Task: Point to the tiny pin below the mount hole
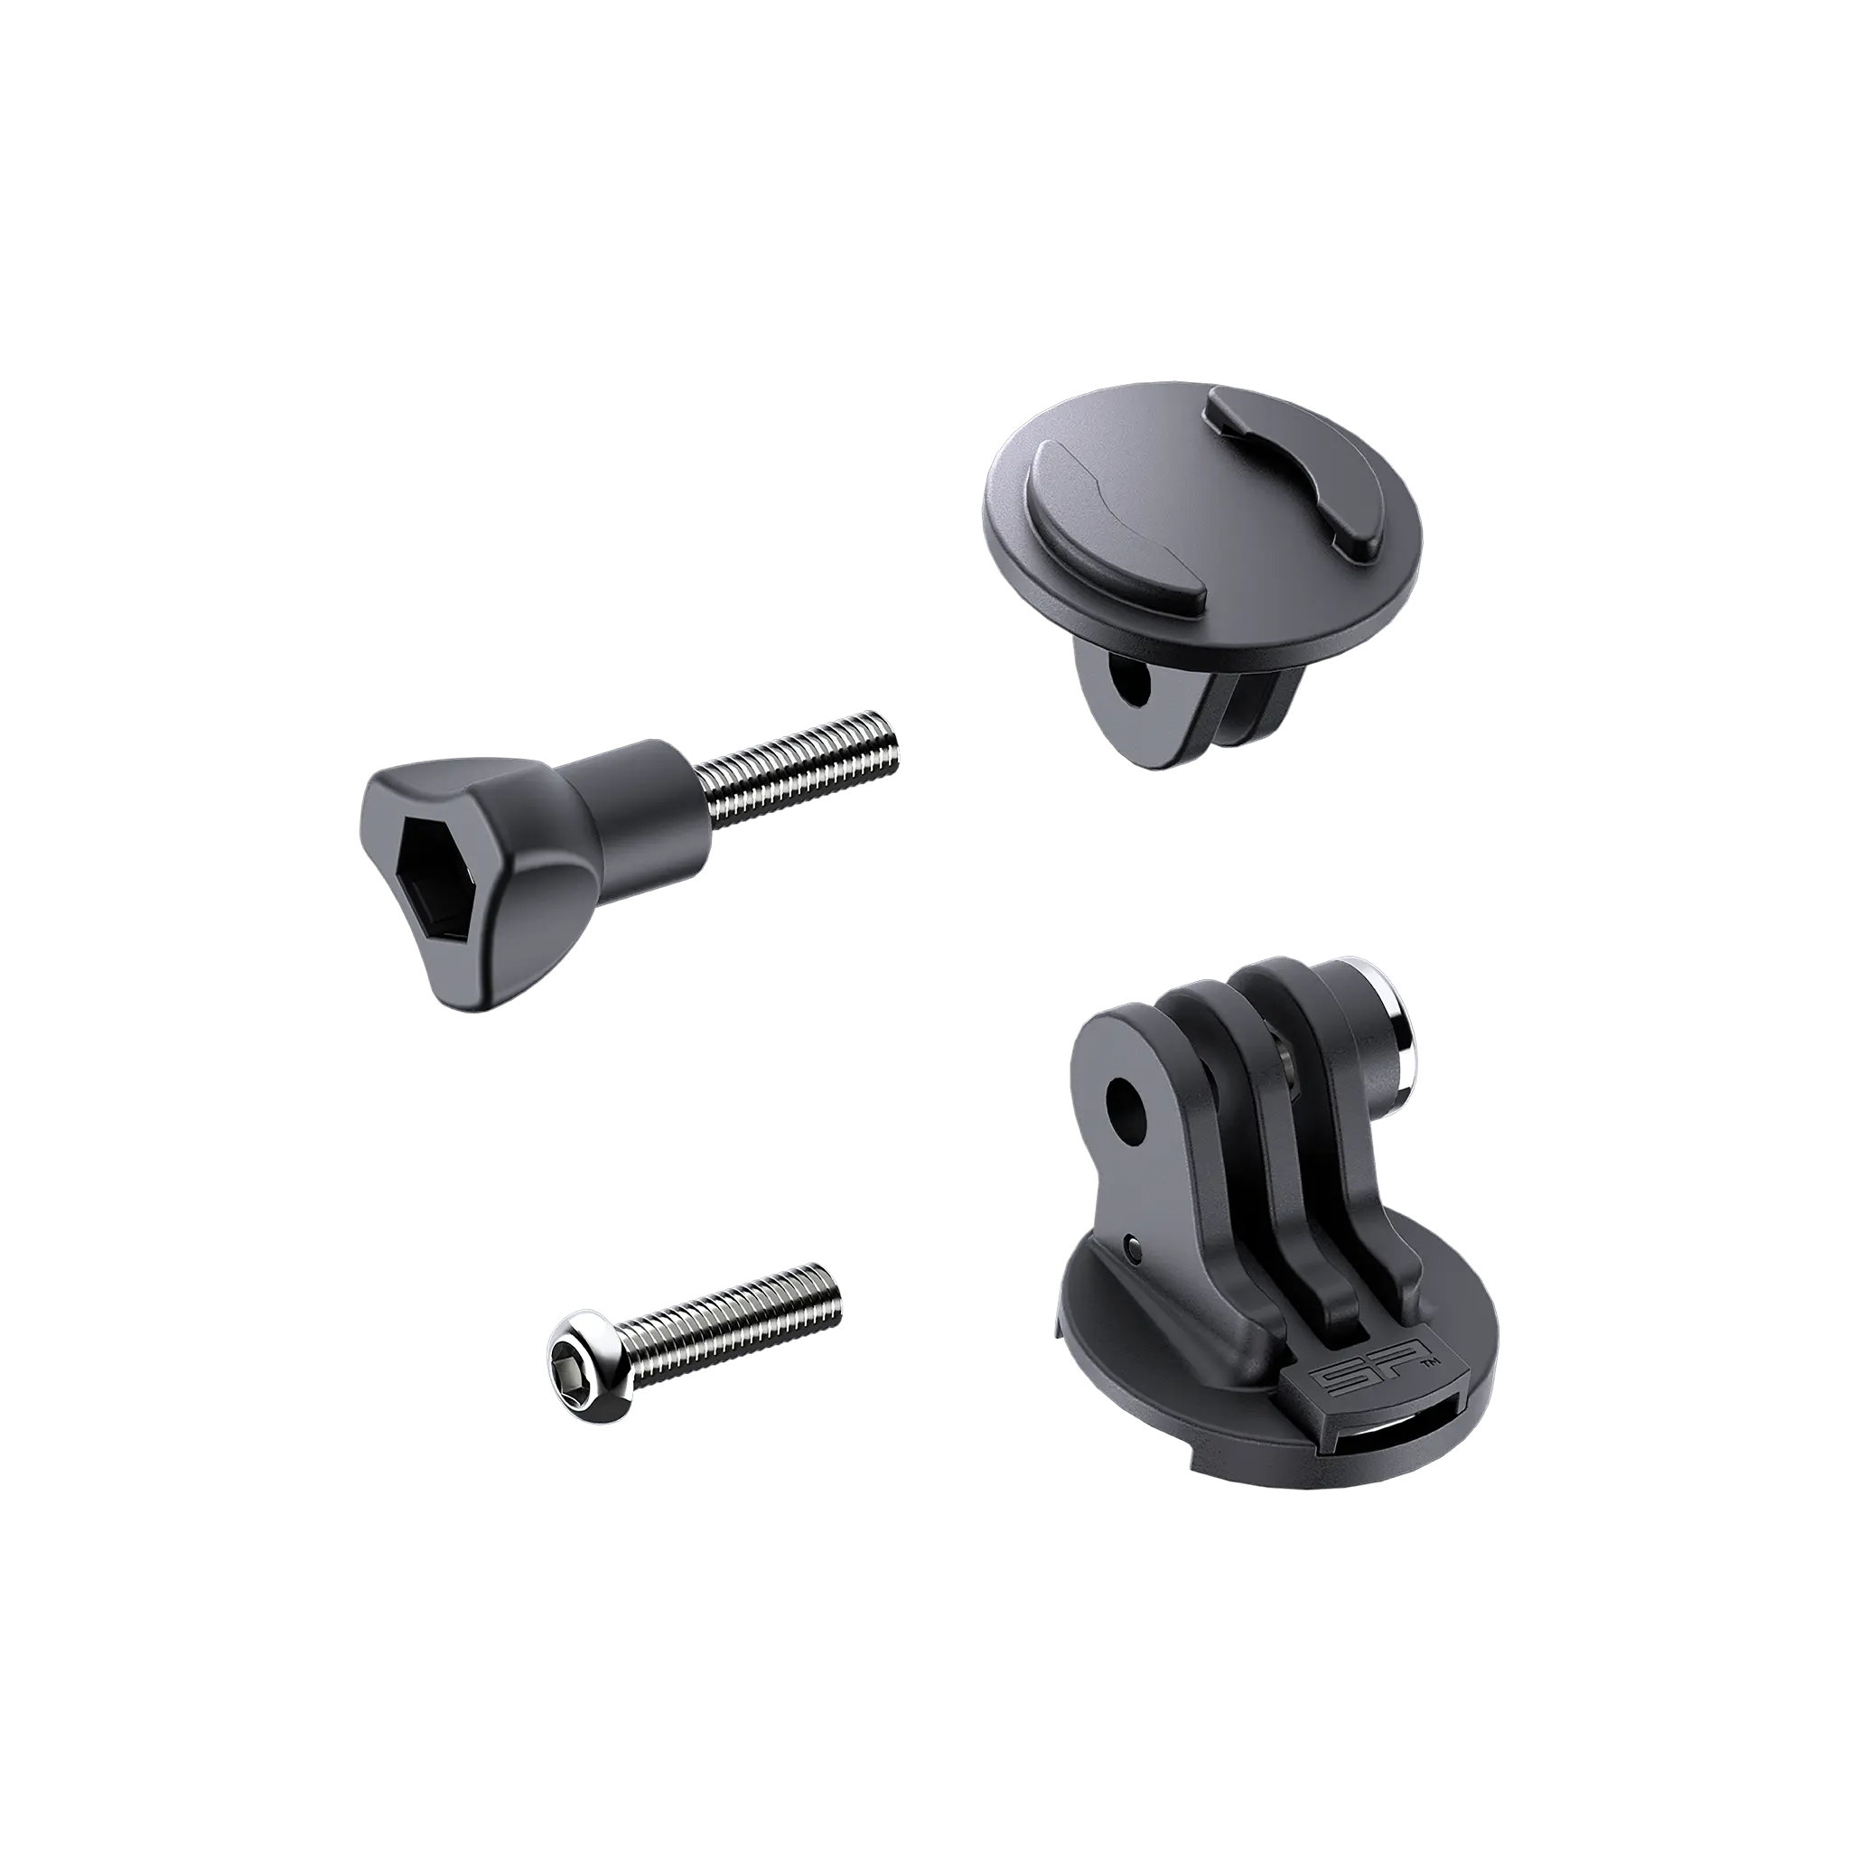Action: (1134, 1247)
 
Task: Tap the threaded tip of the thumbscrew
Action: (886, 738)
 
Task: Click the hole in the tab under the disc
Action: (1135, 685)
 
